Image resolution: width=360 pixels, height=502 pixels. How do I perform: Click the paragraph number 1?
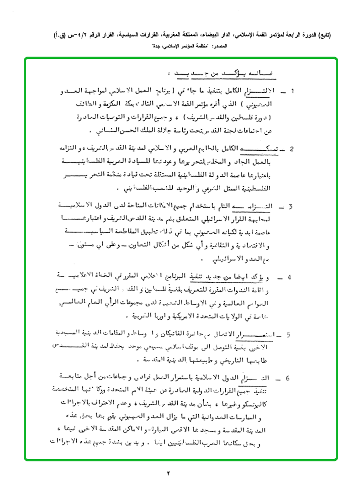pyautogui.click(x=292, y=91)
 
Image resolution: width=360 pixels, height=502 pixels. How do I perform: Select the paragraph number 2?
pyautogui.click(x=292, y=149)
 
